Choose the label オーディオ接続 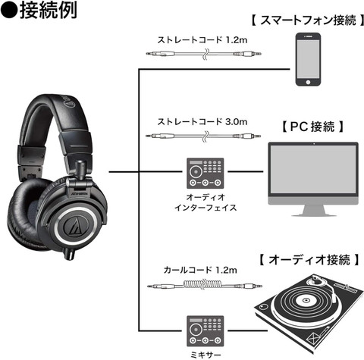click(x=306, y=260)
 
